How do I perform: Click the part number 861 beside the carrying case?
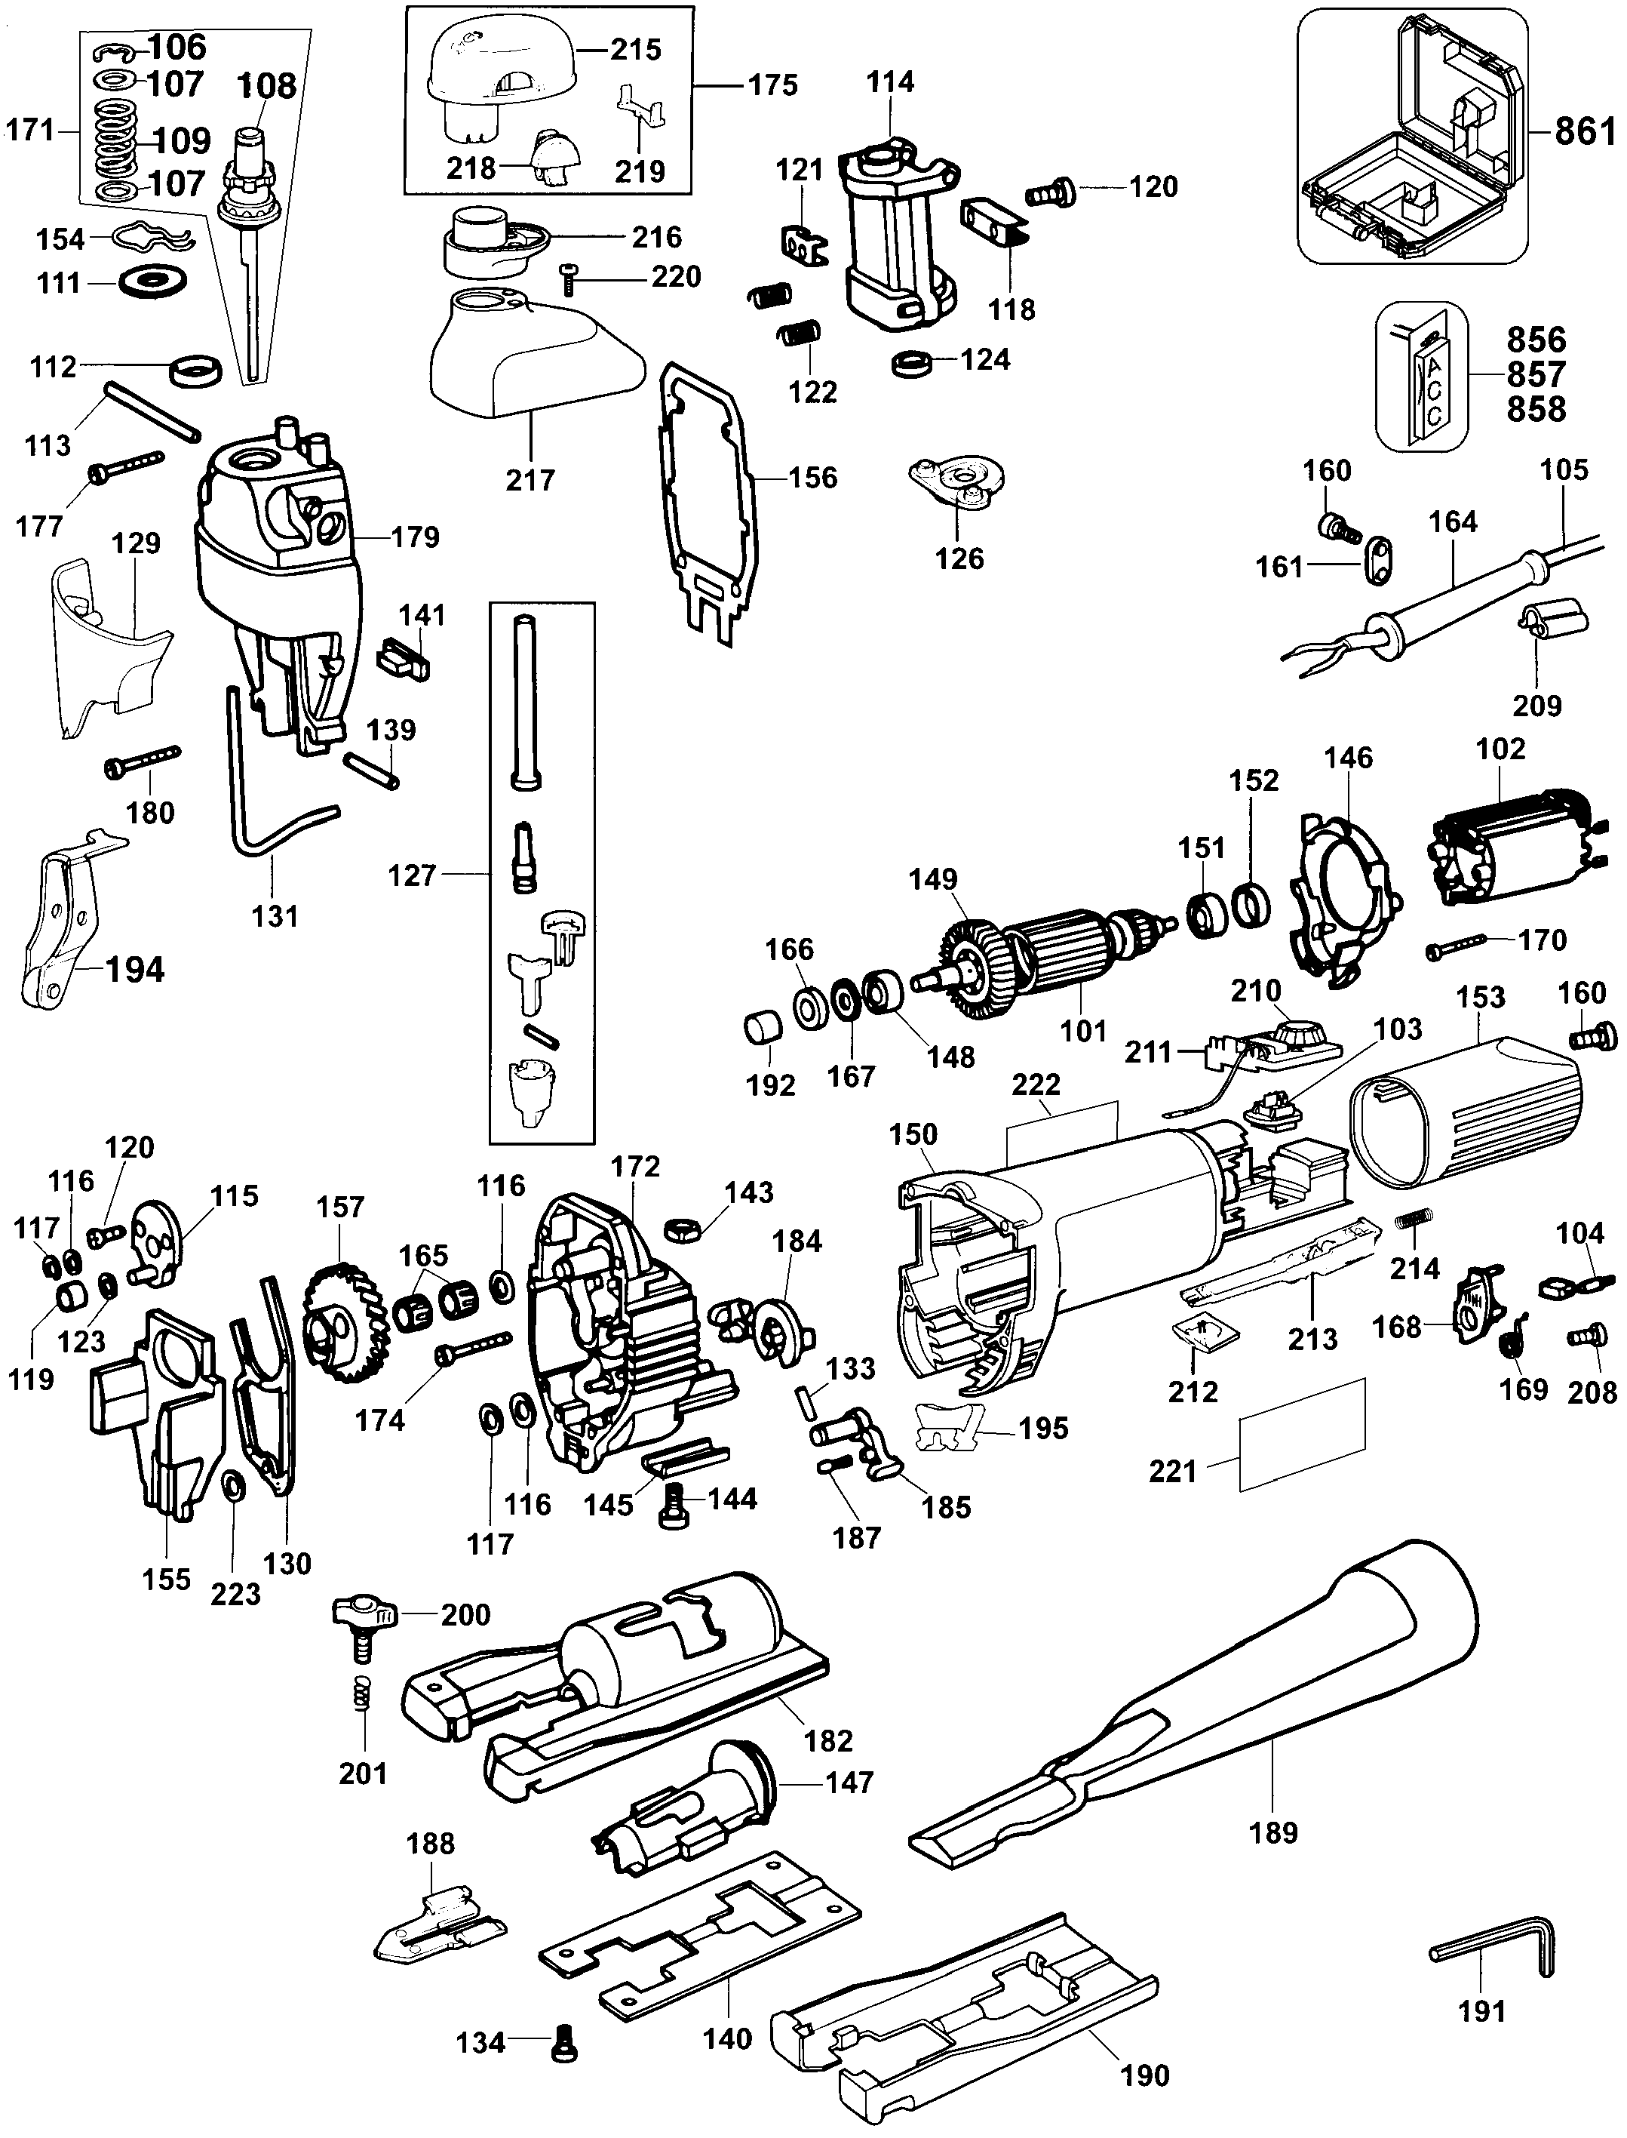point(1585,130)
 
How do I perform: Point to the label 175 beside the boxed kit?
point(772,85)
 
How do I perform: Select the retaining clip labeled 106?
point(119,51)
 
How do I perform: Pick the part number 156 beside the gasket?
point(812,477)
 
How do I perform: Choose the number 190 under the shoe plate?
point(1145,2075)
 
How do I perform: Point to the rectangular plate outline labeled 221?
point(1302,1435)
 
